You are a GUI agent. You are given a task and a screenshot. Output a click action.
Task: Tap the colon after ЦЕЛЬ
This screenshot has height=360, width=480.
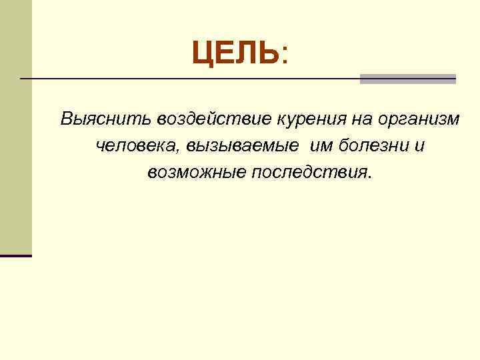(285, 54)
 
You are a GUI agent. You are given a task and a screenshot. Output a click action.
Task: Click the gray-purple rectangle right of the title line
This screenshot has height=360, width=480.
(407, 79)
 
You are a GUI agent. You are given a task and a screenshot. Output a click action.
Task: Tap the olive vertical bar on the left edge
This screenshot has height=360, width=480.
(15, 127)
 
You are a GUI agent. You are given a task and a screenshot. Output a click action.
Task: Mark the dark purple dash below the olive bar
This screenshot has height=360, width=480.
(15, 255)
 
